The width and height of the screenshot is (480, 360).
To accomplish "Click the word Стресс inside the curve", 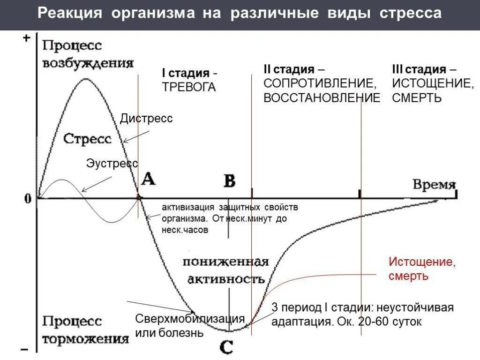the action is tap(87, 139).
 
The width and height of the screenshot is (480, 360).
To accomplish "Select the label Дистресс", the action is tap(146, 119).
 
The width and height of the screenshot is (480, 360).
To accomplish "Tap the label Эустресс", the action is tap(112, 163).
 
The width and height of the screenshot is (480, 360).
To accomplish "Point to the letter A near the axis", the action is tap(148, 179).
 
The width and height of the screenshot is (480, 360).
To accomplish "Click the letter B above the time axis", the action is tap(229, 180).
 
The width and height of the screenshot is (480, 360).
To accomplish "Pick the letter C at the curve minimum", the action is tap(226, 347).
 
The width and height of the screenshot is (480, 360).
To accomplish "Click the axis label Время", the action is tap(434, 184).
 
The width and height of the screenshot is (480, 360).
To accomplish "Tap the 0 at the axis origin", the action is tap(28, 199).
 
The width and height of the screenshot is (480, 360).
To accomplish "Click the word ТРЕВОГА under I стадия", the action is tap(189, 87).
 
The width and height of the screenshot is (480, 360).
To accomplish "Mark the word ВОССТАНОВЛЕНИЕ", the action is tap(322, 98).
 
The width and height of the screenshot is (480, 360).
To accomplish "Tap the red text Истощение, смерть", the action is tap(421, 269).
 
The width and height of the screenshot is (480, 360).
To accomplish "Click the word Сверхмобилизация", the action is tap(190, 319).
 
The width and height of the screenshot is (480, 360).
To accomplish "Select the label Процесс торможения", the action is tap(85, 330).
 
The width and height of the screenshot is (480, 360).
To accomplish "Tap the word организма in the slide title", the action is tap(153, 14).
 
